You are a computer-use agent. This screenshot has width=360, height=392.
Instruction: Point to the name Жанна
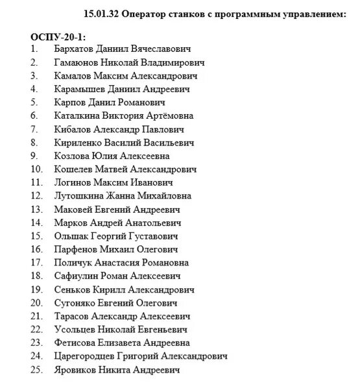click(x=120, y=196)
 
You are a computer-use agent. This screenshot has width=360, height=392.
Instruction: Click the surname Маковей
click(x=75, y=210)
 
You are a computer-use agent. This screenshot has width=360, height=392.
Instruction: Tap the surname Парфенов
click(x=78, y=249)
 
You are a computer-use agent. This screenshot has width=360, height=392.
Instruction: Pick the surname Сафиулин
click(x=80, y=276)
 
